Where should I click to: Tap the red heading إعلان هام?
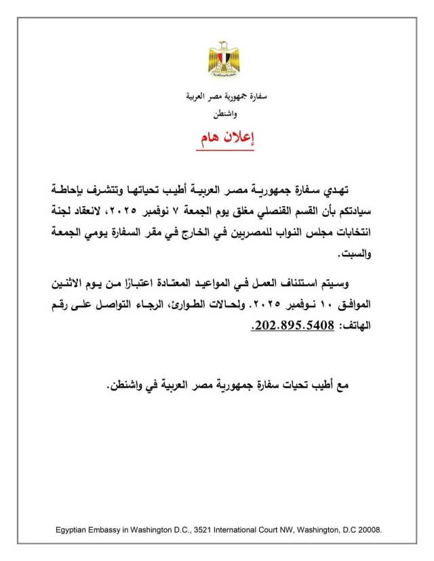[226, 138]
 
